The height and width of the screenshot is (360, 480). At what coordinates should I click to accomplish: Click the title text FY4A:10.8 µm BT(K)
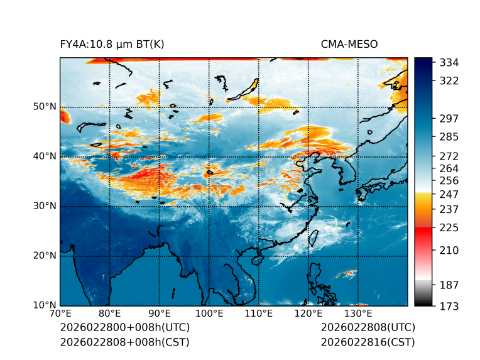tap(112, 45)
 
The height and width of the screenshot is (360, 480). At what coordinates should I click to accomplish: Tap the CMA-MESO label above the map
tap(349, 45)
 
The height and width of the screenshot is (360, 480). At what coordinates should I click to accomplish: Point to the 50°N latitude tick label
tap(45, 107)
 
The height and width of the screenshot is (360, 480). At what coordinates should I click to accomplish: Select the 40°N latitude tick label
tap(45, 156)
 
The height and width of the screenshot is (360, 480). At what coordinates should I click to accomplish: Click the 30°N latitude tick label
tap(45, 206)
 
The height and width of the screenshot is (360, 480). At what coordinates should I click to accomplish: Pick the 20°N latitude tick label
tap(45, 256)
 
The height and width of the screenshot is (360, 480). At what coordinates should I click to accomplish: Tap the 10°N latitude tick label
tap(45, 305)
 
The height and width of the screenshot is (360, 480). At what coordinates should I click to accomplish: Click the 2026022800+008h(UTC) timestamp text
tap(124, 328)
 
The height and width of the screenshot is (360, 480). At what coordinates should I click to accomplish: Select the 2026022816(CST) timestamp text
tap(368, 342)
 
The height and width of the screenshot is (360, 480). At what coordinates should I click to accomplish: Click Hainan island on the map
tap(256, 260)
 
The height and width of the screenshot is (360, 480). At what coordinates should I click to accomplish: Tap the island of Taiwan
tap(312, 237)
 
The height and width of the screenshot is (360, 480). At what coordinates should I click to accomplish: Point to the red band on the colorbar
tap(423, 231)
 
